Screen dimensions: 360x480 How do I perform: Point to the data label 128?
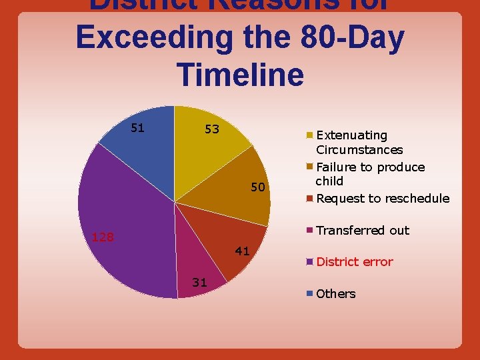pyautogui.click(x=103, y=237)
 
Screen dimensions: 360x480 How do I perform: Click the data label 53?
pyautogui.click(x=212, y=128)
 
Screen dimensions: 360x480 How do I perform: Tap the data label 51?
pyautogui.click(x=139, y=127)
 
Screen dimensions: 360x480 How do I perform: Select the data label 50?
pyautogui.click(x=259, y=188)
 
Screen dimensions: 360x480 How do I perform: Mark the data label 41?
pyautogui.click(x=242, y=251)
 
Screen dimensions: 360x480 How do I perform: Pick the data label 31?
pyautogui.click(x=199, y=282)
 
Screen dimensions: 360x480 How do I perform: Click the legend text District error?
pyautogui.click(x=355, y=262)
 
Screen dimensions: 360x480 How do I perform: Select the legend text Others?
pyautogui.click(x=336, y=294)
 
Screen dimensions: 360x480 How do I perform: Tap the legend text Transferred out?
pyautogui.click(x=363, y=231)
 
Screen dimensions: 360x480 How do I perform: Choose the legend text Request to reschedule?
pyautogui.click(x=383, y=199)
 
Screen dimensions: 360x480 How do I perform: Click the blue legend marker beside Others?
pyautogui.click(x=310, y=293)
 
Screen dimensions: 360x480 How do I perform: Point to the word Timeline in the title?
pyautogui.click(x=241, y=73)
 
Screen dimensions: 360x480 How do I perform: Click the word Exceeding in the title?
pyautogui.click(x=155, y=38)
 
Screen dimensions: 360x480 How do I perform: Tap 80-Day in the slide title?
pyautogui.click(x=323, y=38)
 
